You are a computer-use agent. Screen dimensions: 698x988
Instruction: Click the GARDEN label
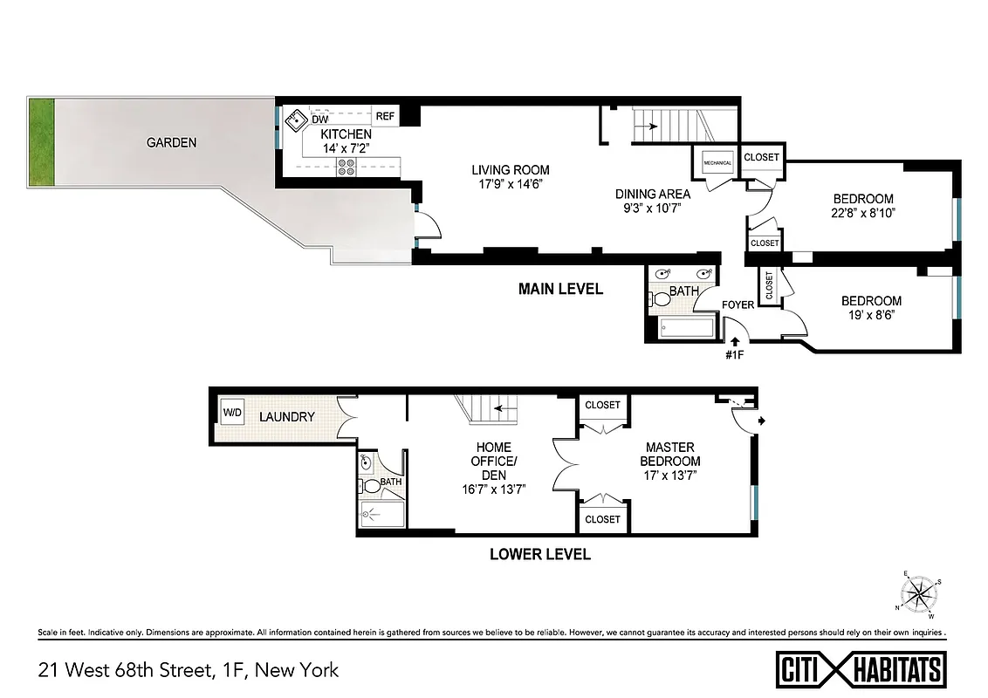tap(171, 142)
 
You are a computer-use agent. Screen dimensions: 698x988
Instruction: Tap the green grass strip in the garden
tap(41, 141)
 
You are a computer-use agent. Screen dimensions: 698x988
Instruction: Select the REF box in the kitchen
tap(385, 115)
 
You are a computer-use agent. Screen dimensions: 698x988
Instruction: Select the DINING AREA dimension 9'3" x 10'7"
tap(653, 208)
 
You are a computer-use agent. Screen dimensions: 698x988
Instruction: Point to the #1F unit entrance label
tap(733, 355)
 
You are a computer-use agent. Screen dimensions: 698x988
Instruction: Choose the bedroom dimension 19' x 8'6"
tap(872, 315)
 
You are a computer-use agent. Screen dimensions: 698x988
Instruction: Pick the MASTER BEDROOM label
tap(669, 454)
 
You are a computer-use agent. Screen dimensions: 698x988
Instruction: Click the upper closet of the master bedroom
tap(602, 405)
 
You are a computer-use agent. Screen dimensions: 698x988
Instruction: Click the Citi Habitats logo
tap(861, 669)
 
